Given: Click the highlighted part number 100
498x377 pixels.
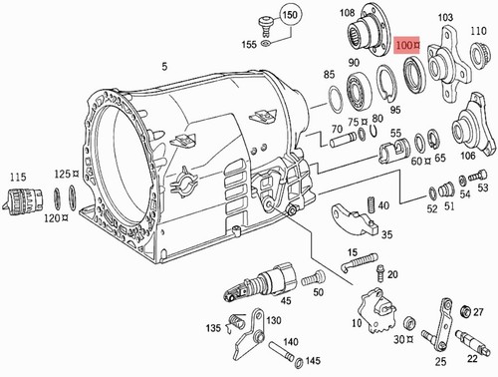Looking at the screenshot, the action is [407, 45].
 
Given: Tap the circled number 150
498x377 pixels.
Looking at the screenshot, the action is [290, 15].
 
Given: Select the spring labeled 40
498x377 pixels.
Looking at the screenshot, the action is [372, 204].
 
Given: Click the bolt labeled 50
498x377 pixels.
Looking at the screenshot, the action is [314, 277].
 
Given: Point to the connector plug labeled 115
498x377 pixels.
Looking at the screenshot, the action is [23, 200].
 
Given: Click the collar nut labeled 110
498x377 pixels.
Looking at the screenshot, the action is [480, 54].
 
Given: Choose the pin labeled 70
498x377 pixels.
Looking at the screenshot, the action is [343, 140].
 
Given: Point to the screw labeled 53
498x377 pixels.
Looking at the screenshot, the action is [478, 176].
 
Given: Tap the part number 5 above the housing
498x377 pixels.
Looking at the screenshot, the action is [164, 67].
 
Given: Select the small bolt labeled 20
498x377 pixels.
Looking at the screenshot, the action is [381, 273].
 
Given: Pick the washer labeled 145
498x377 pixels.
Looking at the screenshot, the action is [299, 362].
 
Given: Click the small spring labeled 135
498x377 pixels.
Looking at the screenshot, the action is [237, 323].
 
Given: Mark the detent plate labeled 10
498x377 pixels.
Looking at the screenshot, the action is [377, 310].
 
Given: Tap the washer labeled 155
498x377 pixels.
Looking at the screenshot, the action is [265, 43].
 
